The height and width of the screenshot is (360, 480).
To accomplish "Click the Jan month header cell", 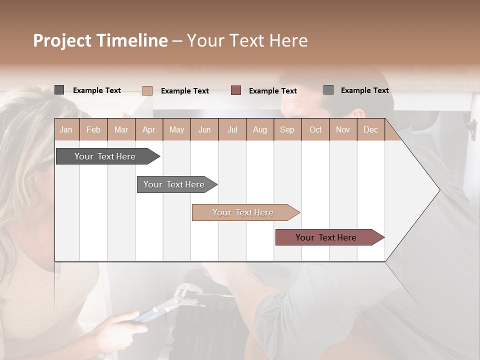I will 66,129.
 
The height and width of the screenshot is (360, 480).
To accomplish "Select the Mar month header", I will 121,129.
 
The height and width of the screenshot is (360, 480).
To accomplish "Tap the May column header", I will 176,129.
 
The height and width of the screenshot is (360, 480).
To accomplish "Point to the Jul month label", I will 232,129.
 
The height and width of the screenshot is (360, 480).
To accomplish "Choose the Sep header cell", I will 287,129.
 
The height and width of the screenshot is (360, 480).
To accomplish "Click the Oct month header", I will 315,129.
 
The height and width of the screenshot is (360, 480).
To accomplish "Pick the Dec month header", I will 370,129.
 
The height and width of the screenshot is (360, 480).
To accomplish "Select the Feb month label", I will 93,129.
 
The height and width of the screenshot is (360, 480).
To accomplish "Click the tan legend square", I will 147,90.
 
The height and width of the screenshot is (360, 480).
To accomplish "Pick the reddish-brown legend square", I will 236,90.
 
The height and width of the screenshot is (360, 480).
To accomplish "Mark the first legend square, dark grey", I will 59,90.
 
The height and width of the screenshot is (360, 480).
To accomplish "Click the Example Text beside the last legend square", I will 364,90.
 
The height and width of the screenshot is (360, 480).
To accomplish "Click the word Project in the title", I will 62,40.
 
